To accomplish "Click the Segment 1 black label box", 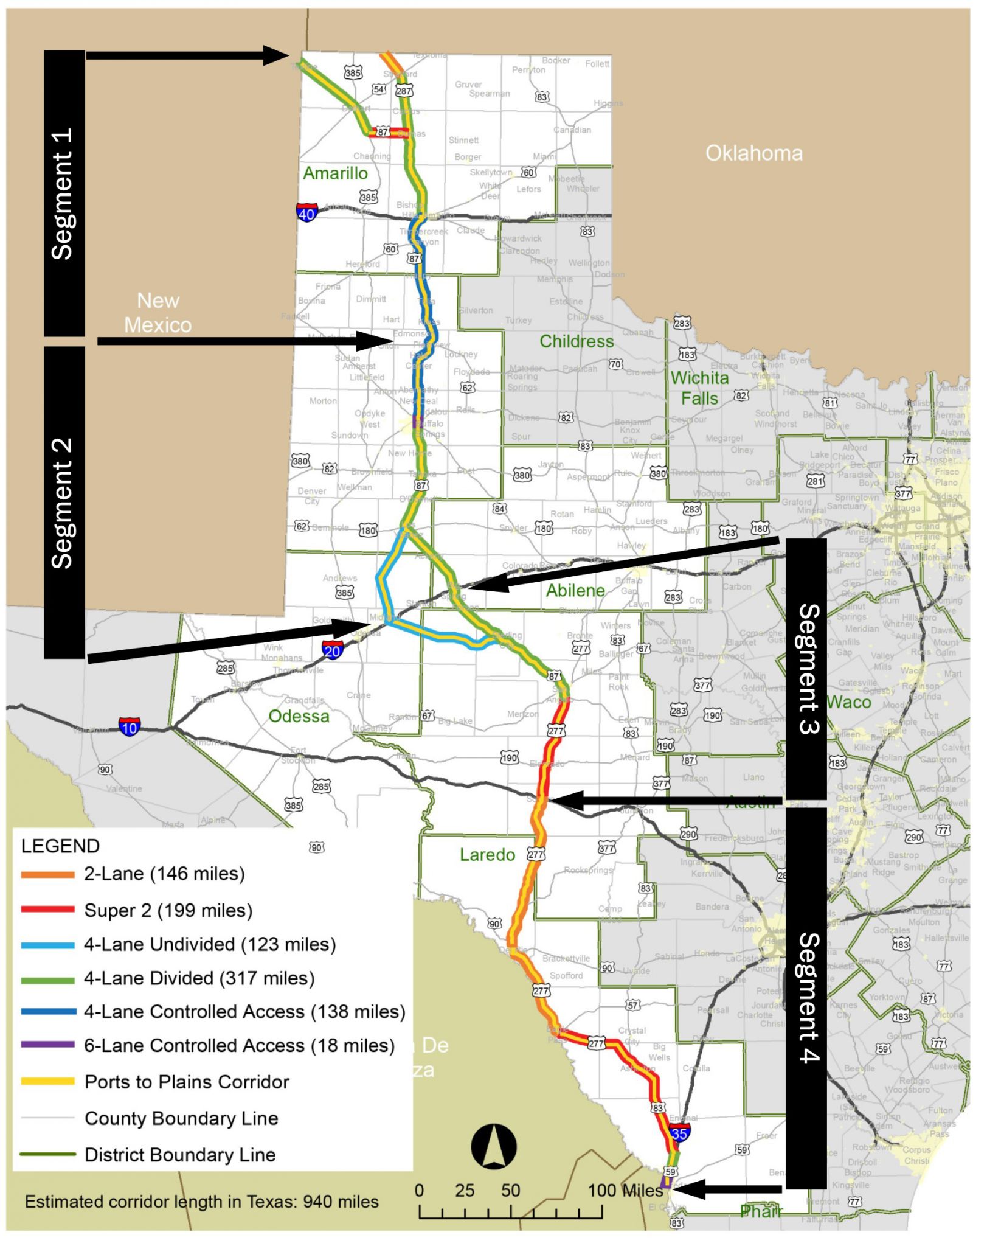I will pyautogui.click(x=64, y=193).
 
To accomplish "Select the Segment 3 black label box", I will pyautogui.click(x=806, y=669).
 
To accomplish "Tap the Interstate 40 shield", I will pyautogui.click(x=306, y=213).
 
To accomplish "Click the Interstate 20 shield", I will pyautogui.click(x=332, y=650).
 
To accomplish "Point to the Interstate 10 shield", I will pyautogui.click(x=130, y=726).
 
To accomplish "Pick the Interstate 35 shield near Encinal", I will pyautogui.click(x=679, y=1132).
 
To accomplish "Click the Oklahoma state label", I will pyautogui.click(x=753, y=153).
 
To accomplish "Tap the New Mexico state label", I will pyautogui.click(x=158, y=313).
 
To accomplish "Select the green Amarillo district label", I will pyautogui.click(x=335, y=173).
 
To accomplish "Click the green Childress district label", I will pyautogui.click(x=577, y=341).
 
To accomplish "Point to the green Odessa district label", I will pyautogui.click(x=299, y=716).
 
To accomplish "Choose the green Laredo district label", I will pyautogui.click(x=487, y=855).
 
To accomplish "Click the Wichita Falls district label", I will pyautogui.click(x=699, y=388).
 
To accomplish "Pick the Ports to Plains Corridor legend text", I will pyautogui.click(x=187, y=1082).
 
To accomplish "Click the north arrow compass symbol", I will pyautogui.click(x=494, y=1147).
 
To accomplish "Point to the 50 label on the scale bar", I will pyautogui.click(x=510, y=1190).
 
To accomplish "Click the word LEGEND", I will pyautogui.click(x=60, y=846).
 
